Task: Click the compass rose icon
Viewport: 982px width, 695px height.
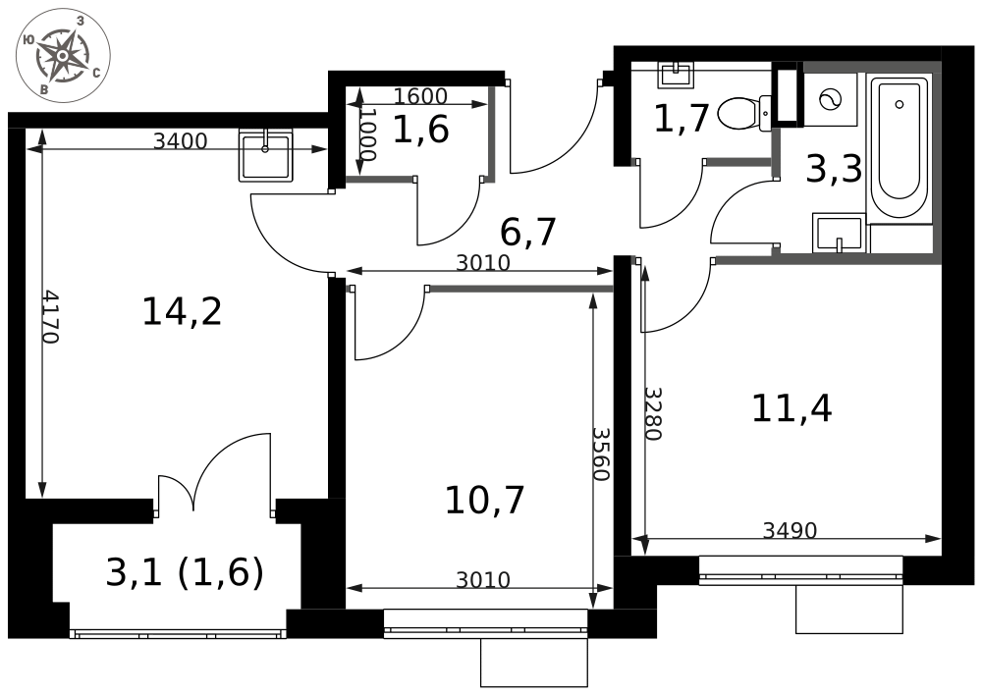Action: coord(63,55)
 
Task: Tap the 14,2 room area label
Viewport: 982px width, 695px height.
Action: coord(183,311)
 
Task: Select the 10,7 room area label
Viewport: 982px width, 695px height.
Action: coord(484,501)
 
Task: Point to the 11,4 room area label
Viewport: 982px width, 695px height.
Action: coord(791,409)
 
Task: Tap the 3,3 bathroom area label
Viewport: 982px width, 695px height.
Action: coord(834,170)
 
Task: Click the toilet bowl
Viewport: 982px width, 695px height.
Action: coord(743,113)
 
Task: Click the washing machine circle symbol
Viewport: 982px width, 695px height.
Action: coord(830,99)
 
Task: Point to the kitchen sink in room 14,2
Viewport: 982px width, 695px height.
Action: coord(266,155)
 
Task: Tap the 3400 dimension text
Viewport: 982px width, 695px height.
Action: coord(181,141)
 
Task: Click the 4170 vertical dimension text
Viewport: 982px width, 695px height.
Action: coord(50,316)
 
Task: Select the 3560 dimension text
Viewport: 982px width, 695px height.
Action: coord(601,454)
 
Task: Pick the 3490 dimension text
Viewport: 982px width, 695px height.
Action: coord(790,530)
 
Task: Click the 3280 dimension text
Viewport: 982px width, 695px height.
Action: coord(653,413)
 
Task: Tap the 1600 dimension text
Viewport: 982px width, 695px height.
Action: coord(420,96)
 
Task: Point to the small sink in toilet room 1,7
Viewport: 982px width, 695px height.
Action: coord(676,75)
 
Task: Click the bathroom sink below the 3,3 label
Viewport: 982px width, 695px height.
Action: coord(840,233)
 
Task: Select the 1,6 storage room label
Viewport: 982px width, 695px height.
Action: coord(421,131)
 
